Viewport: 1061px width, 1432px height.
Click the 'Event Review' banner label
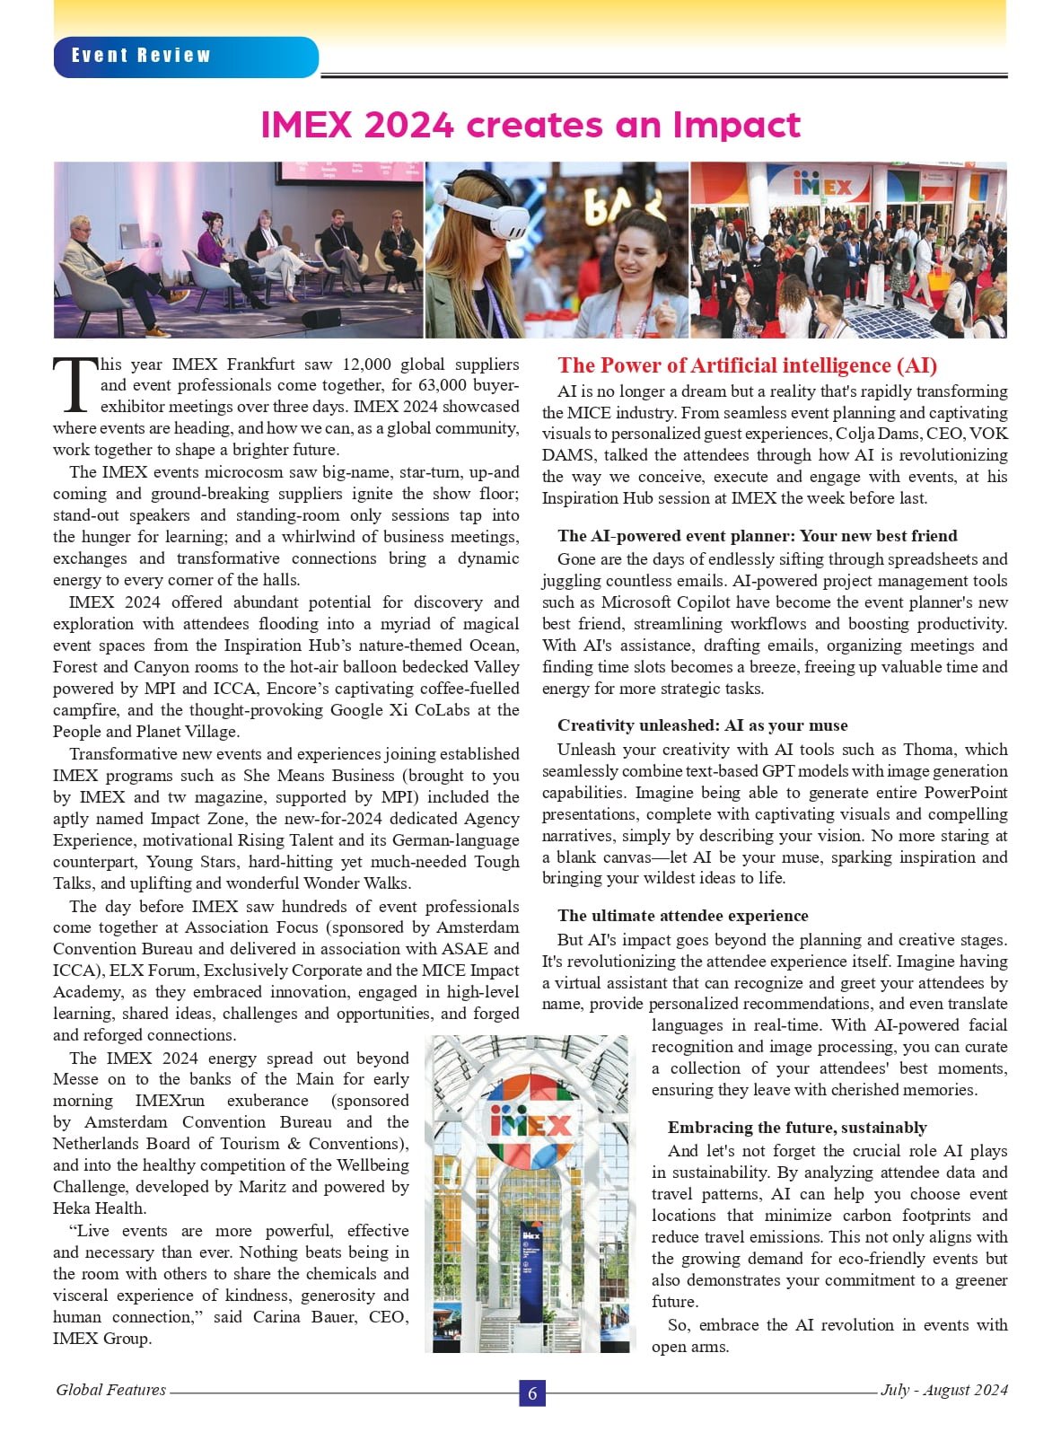click(141, 56)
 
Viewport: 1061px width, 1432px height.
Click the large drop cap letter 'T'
click(75, 383)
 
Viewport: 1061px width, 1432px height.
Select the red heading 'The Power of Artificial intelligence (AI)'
click(747, 365)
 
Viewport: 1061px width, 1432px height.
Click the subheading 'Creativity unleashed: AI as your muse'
click(702, 725)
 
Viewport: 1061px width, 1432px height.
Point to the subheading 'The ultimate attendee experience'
click(682, 916)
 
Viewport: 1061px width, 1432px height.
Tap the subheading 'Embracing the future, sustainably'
click(797, 1128)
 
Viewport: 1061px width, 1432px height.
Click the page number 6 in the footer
click(532, 1392)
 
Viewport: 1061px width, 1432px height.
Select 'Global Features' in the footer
click(110, 1390)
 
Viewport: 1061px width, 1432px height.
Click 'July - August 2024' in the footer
click(943, 1390)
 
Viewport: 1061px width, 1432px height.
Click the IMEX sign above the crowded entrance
click(822, 187)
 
